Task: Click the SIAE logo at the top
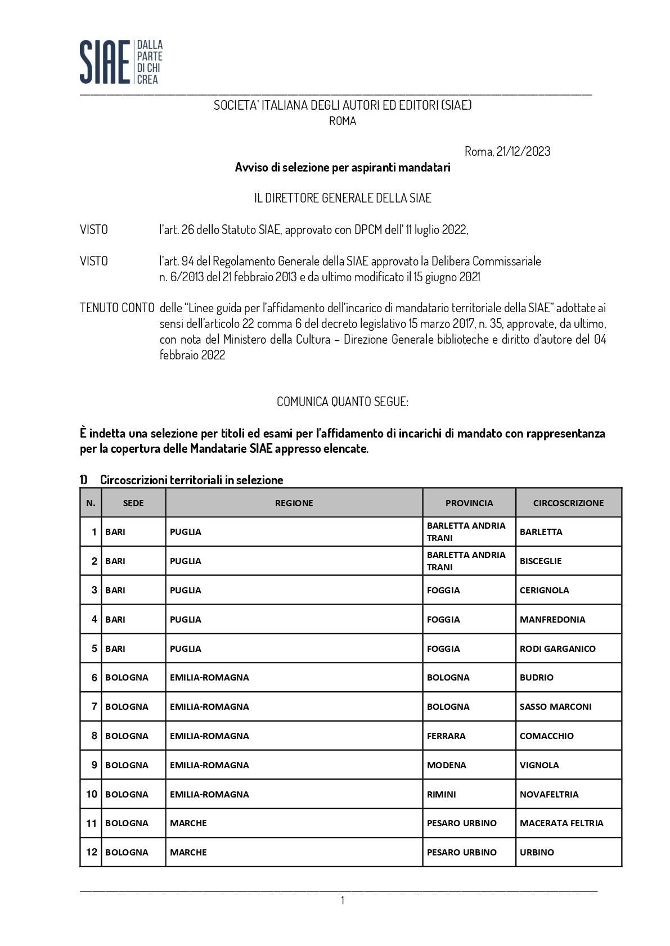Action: [121, 62]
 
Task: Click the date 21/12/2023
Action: [523, 151]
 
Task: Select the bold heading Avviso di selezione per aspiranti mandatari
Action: [343, 168]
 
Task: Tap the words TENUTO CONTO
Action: [117, 308]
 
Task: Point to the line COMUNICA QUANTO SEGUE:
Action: [343, 402]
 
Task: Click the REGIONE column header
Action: [294, 503]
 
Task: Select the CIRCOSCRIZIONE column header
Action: [568, 503]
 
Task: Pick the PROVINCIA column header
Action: [469, 503]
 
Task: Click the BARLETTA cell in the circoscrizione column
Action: [541, 531]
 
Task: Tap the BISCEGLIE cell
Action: [541, 561]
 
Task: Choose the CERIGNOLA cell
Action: [544, 590]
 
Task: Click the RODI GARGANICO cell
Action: [557, 648]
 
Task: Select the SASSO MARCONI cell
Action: [555, 706]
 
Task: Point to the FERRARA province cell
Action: [446, 736]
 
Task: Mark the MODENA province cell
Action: [446, 765]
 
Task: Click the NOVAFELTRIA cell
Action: [549, 794]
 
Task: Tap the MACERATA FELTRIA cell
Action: [561, 823]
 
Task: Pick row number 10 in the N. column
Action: [91, 794]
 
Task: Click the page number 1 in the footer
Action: [343, 900]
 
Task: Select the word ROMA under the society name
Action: [343, 121]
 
